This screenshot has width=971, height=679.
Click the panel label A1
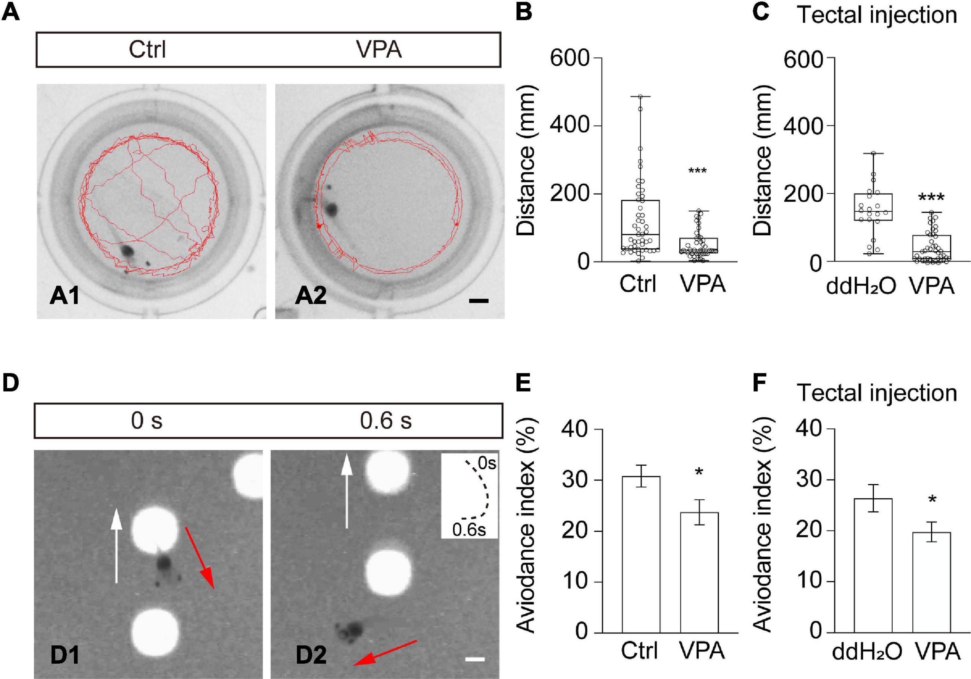click(64, 295)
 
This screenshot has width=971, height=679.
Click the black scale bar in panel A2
click(478, 301)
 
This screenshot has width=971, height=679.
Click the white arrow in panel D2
click(347, 490)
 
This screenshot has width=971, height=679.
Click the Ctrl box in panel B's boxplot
click(640, 224)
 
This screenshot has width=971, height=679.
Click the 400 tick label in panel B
click(569, 125)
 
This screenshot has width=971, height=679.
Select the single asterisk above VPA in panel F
click(932, 500)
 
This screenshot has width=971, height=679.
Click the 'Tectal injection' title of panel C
click(877, 15)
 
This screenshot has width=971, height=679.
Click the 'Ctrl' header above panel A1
click(147, 50)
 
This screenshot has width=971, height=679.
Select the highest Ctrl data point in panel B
click(640, 97)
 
